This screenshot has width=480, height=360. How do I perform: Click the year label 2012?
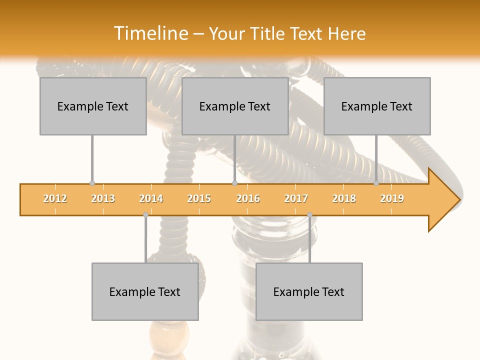[55, 198]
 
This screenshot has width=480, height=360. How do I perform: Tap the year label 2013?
[103, 198]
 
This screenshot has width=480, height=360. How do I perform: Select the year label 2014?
[151, 198]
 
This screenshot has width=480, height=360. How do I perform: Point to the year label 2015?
[199, 198]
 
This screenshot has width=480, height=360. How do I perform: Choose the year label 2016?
[248, 198]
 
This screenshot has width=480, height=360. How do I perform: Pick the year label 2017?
[296, 198]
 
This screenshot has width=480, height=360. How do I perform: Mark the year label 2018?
[344, 198]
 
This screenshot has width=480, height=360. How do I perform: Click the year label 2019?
[392, 198]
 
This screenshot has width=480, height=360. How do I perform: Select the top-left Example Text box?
[93, 106]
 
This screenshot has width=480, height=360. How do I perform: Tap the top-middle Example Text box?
[235, 106]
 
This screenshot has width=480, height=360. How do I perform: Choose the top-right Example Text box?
[377, 106]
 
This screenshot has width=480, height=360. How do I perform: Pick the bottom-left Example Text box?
[145, 291]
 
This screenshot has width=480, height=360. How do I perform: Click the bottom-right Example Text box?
[309, 291]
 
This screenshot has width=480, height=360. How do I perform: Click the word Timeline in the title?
[150, 33]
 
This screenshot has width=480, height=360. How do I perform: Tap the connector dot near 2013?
[92, 183]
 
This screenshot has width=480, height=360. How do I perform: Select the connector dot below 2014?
[145, 214]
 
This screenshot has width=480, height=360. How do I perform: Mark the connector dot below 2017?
[309, 214]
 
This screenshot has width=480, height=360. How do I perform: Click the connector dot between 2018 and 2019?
[376, 183]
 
